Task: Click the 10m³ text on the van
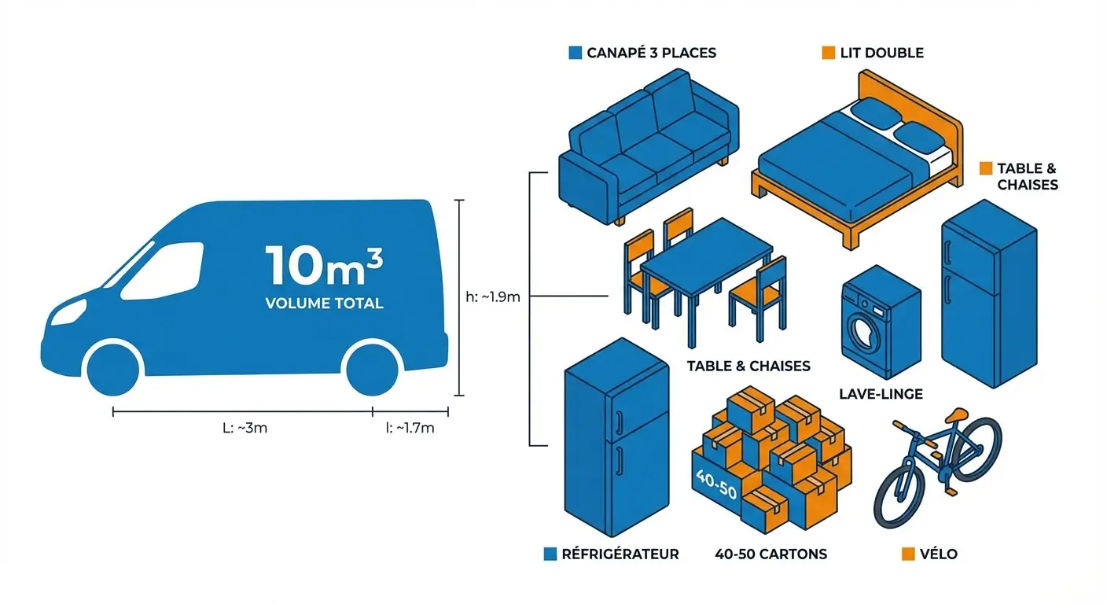[324, 266]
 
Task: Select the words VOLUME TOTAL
[324, 303]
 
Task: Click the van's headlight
[69, 311]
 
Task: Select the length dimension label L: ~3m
[245, 429]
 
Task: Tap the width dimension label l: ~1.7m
[410, 429]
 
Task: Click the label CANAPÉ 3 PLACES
[651, 53]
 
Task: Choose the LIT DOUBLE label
[881, 53]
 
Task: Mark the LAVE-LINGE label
[881, 393]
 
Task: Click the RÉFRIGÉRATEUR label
[620, 554]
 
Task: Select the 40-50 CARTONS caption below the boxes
[770, 554]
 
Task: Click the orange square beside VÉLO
[908, 554]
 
